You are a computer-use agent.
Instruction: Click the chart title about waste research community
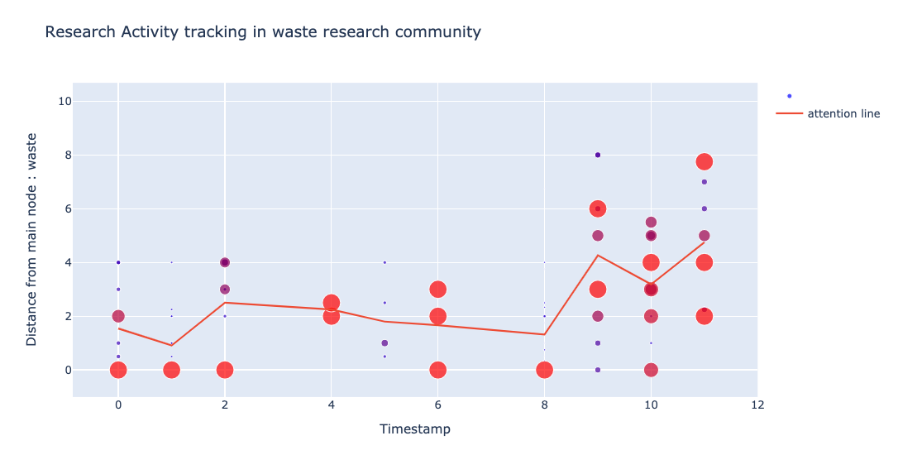click(262, 32)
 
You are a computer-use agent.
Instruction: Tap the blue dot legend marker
click(790, 96)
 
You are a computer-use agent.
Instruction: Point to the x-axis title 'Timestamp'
click(414, 429)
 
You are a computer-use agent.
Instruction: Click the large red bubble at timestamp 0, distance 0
click(118, 370)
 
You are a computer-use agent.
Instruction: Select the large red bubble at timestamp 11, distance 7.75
click(705, 161)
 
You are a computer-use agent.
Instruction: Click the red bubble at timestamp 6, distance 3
click(438, 289)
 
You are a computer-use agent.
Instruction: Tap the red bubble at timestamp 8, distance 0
click(544, 370)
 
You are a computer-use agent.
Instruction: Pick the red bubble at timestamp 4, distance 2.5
click(332, 303)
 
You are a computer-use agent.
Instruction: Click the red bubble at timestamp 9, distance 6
click(598, 208)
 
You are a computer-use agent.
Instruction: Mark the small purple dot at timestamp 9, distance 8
click(598, 155)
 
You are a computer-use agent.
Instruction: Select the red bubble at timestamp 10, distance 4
click(651, 262)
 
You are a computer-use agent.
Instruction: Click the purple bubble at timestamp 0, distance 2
click(118, 316)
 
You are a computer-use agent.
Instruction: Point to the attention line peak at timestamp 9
click(598, 255)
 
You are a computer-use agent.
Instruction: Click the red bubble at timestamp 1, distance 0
click(171, 370)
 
